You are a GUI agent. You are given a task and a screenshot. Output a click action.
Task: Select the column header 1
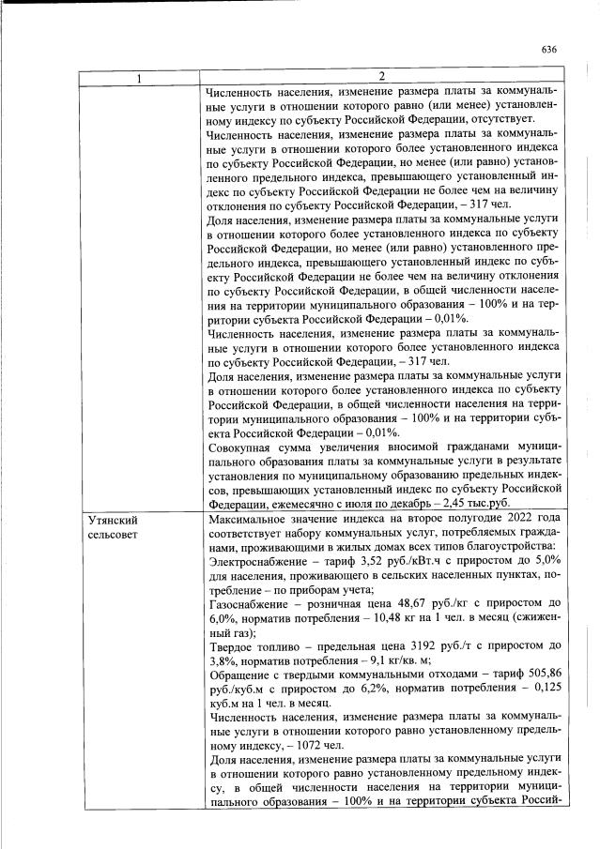click(141, 77)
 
